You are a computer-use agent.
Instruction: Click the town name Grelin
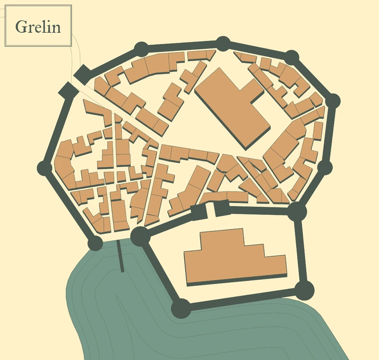38,27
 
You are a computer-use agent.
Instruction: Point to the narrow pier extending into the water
120,256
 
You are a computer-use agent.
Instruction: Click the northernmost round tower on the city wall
223,44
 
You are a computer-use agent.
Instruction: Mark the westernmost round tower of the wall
45,168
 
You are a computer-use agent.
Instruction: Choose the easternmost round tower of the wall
333,101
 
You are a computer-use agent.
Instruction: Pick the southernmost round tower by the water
180,309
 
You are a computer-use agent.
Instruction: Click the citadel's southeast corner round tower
305,289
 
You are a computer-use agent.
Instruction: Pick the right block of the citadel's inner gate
222,208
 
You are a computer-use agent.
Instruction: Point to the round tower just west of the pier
95,243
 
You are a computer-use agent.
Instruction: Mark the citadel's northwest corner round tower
140,236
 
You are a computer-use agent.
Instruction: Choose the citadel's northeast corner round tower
297,210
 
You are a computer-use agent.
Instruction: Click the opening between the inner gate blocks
211,210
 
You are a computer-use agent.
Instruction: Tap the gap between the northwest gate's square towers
74,81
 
